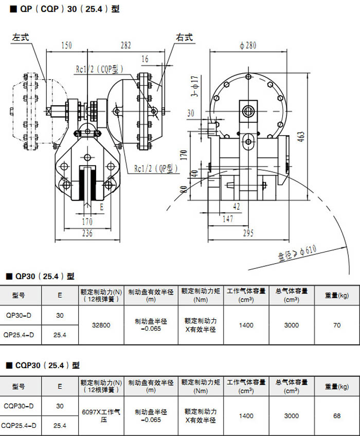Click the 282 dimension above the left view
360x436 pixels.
[x=126, y=45]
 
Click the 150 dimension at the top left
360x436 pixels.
[x=66, y=45]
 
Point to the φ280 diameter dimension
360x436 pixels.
[x=247, y=46]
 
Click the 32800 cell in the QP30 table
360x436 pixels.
[x=101, y=325]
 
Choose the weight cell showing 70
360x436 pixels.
[x=337, y=325]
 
